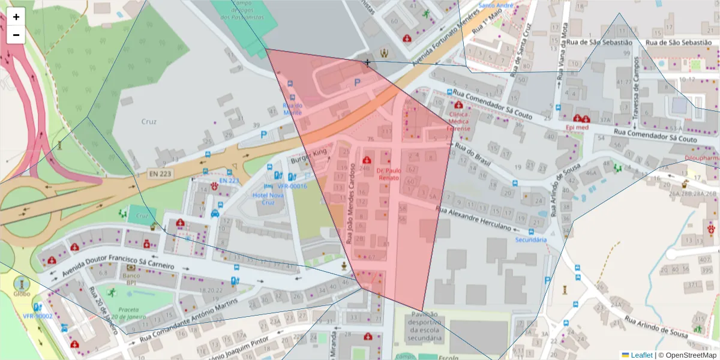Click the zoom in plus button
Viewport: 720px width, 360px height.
pos(16,17)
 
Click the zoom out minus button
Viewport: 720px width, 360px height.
pos(16,35)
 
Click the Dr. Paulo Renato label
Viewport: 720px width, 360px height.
pos(388,174)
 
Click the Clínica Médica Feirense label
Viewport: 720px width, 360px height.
pos(458,121)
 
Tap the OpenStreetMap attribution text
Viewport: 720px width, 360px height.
pos(688,355)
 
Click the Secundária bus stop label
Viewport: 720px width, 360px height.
pos(531,239)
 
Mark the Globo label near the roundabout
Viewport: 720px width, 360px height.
pos(22,294)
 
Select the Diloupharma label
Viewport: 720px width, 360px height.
pos(702,157)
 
